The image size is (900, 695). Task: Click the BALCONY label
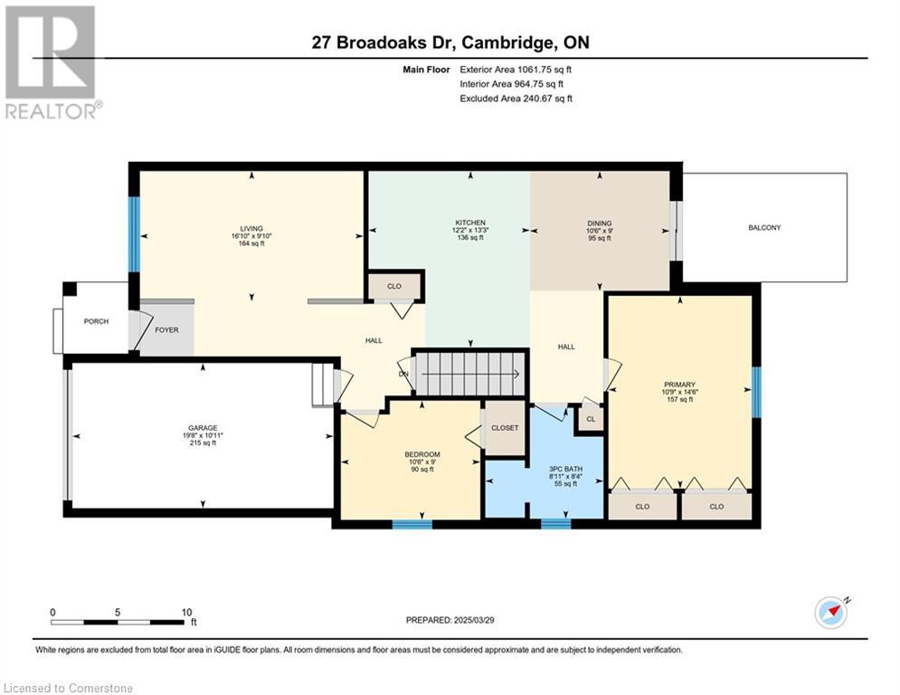click(x=764, y=227)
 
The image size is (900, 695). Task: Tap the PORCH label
click(x=96, y=321)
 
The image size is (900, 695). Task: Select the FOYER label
click(x=166, y=329)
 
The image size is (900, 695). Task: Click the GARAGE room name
click(x=203, y=428)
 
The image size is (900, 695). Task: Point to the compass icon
click(x=831, y=613)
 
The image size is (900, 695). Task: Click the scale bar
click(x=118, y=622)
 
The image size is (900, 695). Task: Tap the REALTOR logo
click(x=52, y=62)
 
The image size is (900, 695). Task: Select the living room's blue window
click(x=134, y=234)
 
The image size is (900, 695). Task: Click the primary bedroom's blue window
click(x=756, y=393)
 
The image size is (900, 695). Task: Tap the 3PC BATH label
click(x=565, y=469)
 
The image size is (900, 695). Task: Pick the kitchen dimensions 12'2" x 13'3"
click(x=470, y=230)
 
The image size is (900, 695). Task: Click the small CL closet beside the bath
click(x=591, y=419)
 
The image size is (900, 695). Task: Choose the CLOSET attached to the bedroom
click(x=505, y=428)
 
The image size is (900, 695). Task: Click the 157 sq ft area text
click(x=679, y=399)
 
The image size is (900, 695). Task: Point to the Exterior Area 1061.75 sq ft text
click(x=516, y=70)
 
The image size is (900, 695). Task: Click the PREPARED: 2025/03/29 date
click(x=450, y=620)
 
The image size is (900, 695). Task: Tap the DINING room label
click(x=599, y=223)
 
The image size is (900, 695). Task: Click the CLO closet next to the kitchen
click(x=394, y=286)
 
